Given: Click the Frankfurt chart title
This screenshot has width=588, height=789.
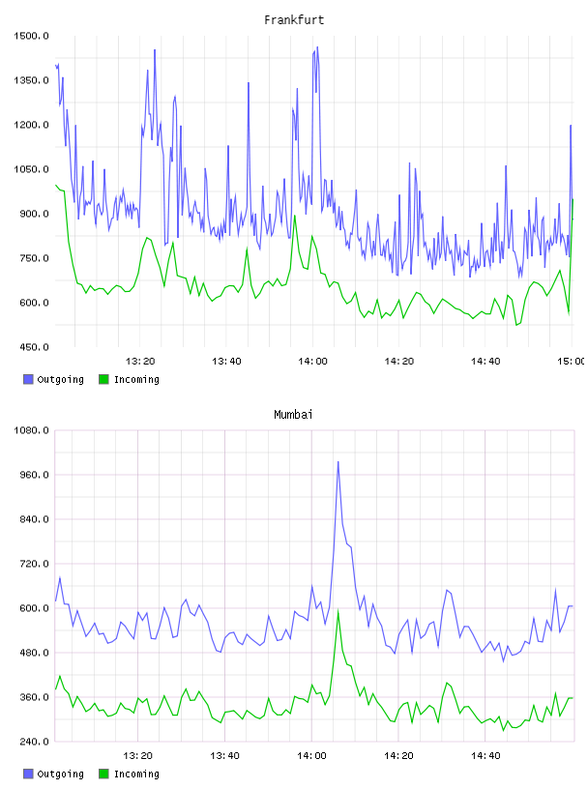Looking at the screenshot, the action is pos(294,20).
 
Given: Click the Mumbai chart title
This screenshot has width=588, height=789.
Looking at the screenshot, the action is pos(293,415).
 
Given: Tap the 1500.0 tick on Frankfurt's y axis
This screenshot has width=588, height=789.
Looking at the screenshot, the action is pos(31,36).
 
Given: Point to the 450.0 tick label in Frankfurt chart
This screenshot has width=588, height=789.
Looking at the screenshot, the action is pos(31,347).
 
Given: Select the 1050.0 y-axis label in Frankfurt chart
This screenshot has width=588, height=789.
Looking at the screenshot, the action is pos(31,169).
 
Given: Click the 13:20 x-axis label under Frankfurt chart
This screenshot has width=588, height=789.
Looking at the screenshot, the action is pos(140,362).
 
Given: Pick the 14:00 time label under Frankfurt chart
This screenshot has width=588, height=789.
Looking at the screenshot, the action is pos(312,362).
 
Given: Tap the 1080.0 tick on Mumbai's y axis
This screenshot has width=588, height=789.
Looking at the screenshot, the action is pos(31,430).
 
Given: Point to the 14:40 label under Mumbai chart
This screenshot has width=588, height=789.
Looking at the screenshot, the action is pos(485,756).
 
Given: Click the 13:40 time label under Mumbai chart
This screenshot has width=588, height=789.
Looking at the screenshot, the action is pos(224,756).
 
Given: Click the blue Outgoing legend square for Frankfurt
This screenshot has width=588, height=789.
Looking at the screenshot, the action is pos(28,379).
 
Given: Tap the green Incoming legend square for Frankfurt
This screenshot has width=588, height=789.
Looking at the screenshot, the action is pos(103,379).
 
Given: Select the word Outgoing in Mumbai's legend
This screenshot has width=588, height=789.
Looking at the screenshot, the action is pos(60,774).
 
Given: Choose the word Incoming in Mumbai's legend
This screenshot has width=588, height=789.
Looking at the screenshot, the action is pos(136,774).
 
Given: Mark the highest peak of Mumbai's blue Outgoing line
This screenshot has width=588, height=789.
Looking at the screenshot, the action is pos(338,462).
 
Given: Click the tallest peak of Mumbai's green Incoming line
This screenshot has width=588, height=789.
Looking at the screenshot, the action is pos(338,610).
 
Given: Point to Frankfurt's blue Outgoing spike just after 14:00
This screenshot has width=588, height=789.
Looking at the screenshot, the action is pos(317,47).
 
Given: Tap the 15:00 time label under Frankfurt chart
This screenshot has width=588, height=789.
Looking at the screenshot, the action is pos(573,362).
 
